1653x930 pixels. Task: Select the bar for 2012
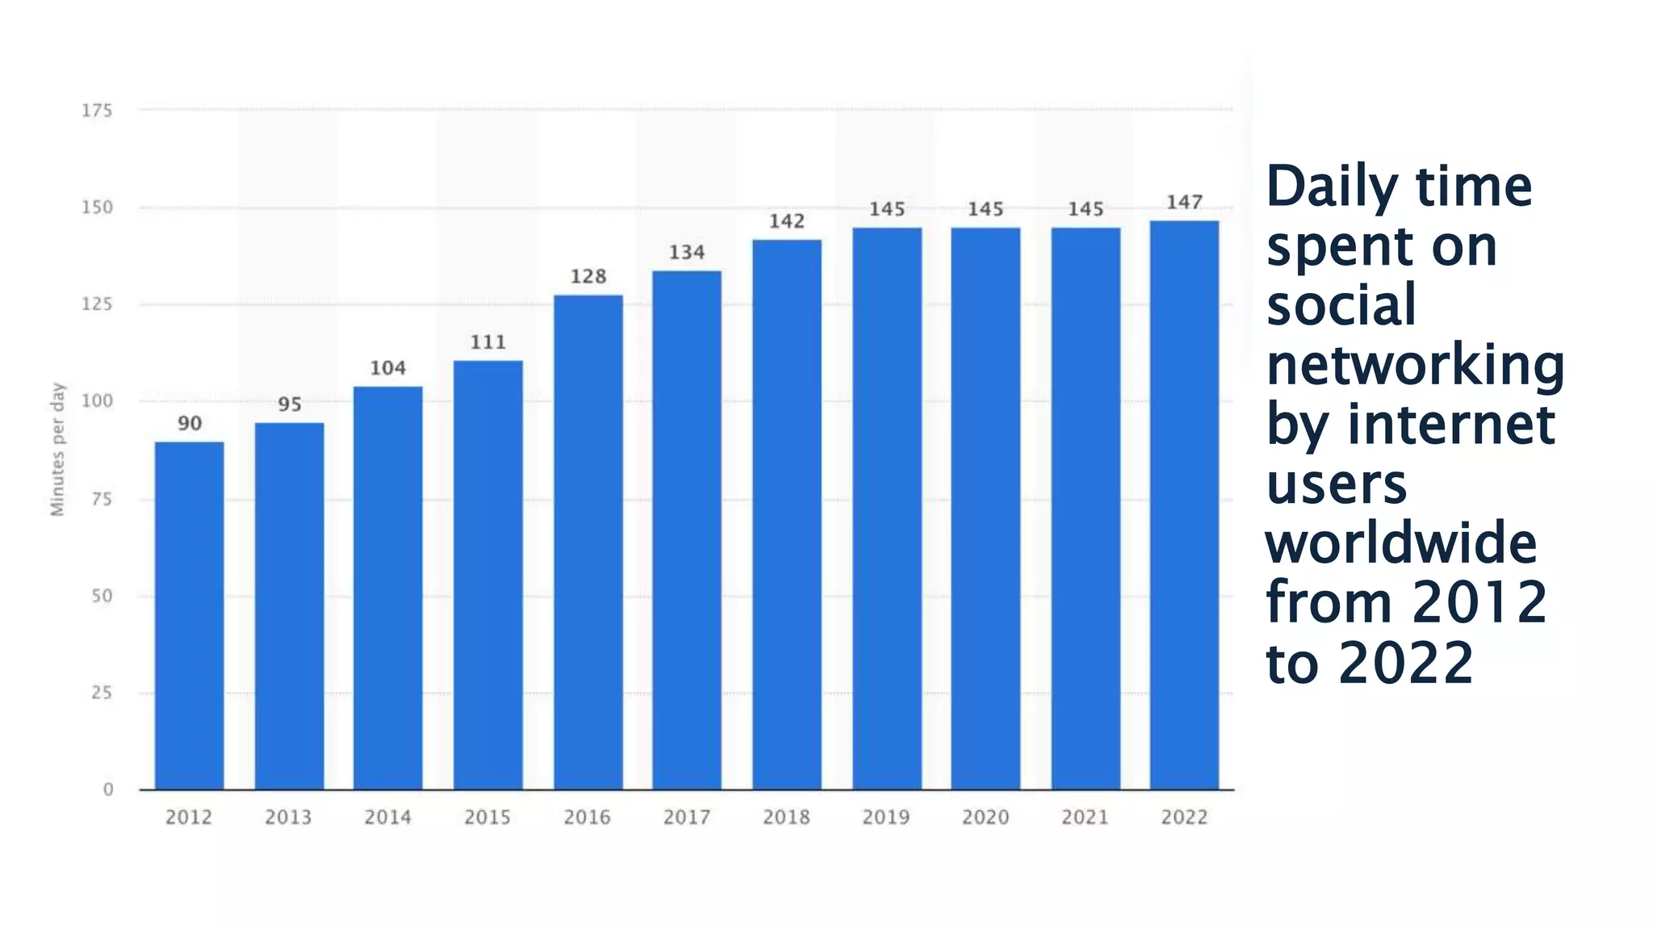click(x=189, y=615)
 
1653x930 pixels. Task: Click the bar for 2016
click(x=588, y=542)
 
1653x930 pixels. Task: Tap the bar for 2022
click(x=1184, y=505)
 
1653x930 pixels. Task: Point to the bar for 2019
click(x=886, y=508)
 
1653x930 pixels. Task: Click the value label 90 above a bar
click(x=190, y=423)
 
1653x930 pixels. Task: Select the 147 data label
click(x=1184, y=202)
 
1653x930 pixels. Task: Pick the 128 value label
click(x=588, y=276)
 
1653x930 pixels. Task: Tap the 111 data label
click(x=488, y=342)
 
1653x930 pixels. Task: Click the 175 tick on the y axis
click(x=97, y=111)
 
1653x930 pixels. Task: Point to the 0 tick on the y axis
click(x=108, y=790)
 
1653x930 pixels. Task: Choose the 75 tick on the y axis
click(x=102, y=499)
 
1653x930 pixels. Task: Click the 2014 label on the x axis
click(x=387, y=817)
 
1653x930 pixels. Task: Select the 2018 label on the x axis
click(x=786, y=817)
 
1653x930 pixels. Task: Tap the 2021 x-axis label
click(x=1085, y=817)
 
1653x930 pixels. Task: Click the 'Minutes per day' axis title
click(x=57, y=449)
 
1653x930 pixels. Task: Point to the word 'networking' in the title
click(x=1415, y=366)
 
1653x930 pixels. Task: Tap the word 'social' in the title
click(x=1341, y=305)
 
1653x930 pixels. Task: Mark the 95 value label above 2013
click(x=289, y=404)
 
